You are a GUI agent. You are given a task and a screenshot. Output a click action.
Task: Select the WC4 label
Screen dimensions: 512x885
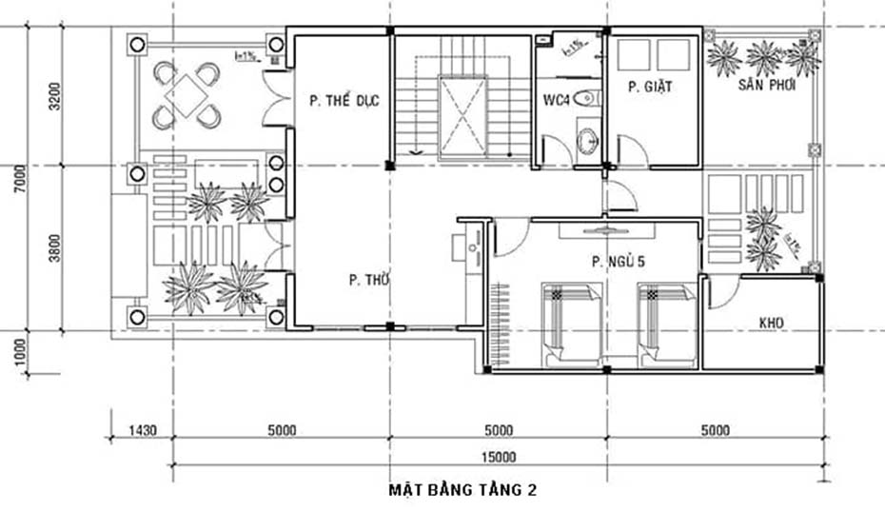(x=556, y=99)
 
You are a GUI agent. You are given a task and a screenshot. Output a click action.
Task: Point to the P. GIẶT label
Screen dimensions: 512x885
(x=650, y=87)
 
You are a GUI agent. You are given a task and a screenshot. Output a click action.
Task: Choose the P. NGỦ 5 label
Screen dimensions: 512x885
(x=617, y=261)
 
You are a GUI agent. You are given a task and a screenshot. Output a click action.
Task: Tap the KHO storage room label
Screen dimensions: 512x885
(x=771, y=324)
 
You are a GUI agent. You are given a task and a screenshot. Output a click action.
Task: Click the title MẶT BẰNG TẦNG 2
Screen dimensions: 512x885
(x=462, y=491)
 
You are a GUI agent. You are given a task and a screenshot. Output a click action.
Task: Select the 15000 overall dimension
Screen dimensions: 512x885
(x=497, y=457)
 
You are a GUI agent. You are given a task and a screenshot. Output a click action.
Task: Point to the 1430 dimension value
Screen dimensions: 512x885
(x=142, y=429)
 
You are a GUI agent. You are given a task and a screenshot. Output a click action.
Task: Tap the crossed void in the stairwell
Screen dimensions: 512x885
(x=462, y=115)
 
